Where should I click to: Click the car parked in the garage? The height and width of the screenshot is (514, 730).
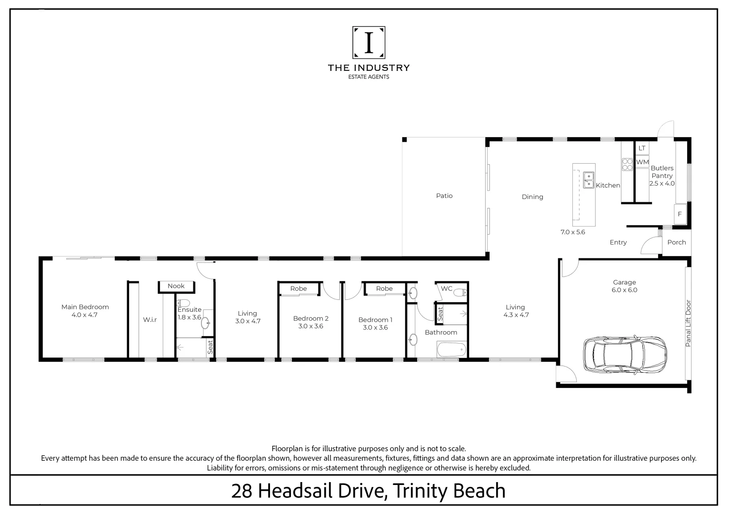pyautogui.click(x=625, y=355)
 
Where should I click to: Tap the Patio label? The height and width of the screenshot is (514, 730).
pyautogui.click(x=444, y=196)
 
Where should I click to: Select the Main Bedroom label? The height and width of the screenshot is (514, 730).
pyautogui.click(x=85, y=307)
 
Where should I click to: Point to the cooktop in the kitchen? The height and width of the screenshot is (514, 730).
pyautogui.click(x=627, y=164)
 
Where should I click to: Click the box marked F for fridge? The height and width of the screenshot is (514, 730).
pyautogui.click(x=680, y=214)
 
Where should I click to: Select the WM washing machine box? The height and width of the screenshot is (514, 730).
pyautogui.click(x=642, y=162)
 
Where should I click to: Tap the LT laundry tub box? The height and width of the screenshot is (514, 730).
pyautogui.click(x=642, y=148)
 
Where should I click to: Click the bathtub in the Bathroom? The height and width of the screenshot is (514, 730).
pyautogui.click(x=450, y=351)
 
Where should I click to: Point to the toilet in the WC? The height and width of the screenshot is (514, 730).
pyautogui.click(x=460, y=292)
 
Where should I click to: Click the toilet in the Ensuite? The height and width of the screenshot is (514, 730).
pyautogui.click(x=184, y=303)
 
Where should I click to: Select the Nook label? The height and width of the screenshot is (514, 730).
pyautogui.click(x=176, y=286)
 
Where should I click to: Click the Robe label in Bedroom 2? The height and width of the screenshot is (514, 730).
pyautogui.click(x=299, y=288)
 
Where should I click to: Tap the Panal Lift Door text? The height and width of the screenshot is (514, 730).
pyautogui.click(x=688, y=323)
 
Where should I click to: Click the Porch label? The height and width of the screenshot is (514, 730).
pyautogui.click(x=676, y=242)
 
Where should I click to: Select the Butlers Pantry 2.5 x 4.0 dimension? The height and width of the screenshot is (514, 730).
pyautogui.click(x=662, y=183)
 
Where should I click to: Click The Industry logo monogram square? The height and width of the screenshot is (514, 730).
pyautogui.click(x=369, y=42)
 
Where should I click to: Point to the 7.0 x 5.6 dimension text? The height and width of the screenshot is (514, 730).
pyautogui.click(x=572, y=232)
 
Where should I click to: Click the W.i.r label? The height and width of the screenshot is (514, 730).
pyautogui.click(x=150, y=320)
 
